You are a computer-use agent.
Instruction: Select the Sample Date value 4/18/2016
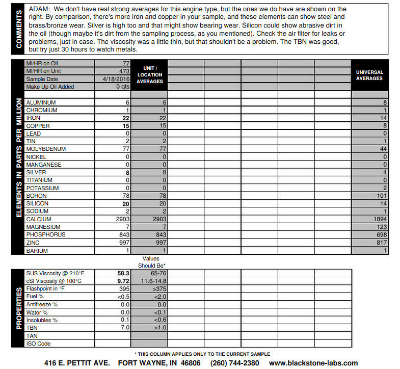[116, 79]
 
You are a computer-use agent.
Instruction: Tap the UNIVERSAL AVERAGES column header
[370, 75]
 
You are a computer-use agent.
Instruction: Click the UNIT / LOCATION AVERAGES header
[149, 75]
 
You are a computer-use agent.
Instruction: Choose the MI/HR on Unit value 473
[124, 71]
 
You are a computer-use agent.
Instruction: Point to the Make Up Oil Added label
[50, 87]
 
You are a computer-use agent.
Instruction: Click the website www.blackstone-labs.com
[313, 363]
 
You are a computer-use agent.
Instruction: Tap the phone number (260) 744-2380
[234, 363]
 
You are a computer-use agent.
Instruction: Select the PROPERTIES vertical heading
[18, 308]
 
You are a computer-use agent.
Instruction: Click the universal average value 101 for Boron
[381, 196]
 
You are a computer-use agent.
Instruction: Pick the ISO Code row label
[38, 344]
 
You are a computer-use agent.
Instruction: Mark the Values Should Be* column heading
[151, 262]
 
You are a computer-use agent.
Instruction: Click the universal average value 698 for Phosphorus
[381, 234]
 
